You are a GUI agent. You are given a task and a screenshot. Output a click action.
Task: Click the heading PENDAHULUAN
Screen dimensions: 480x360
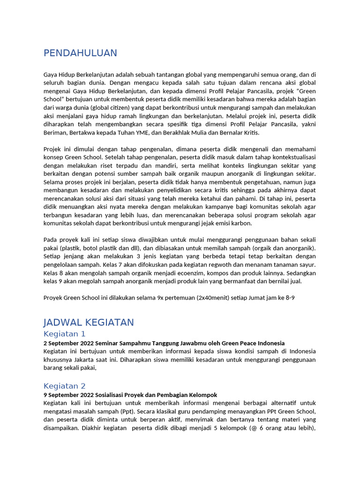80,53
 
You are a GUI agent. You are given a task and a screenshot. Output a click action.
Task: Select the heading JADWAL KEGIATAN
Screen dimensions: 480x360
89,322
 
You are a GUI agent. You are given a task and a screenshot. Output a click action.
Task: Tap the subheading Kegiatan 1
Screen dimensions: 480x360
65,334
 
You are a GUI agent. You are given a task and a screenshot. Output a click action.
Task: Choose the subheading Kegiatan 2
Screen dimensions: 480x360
65,386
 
